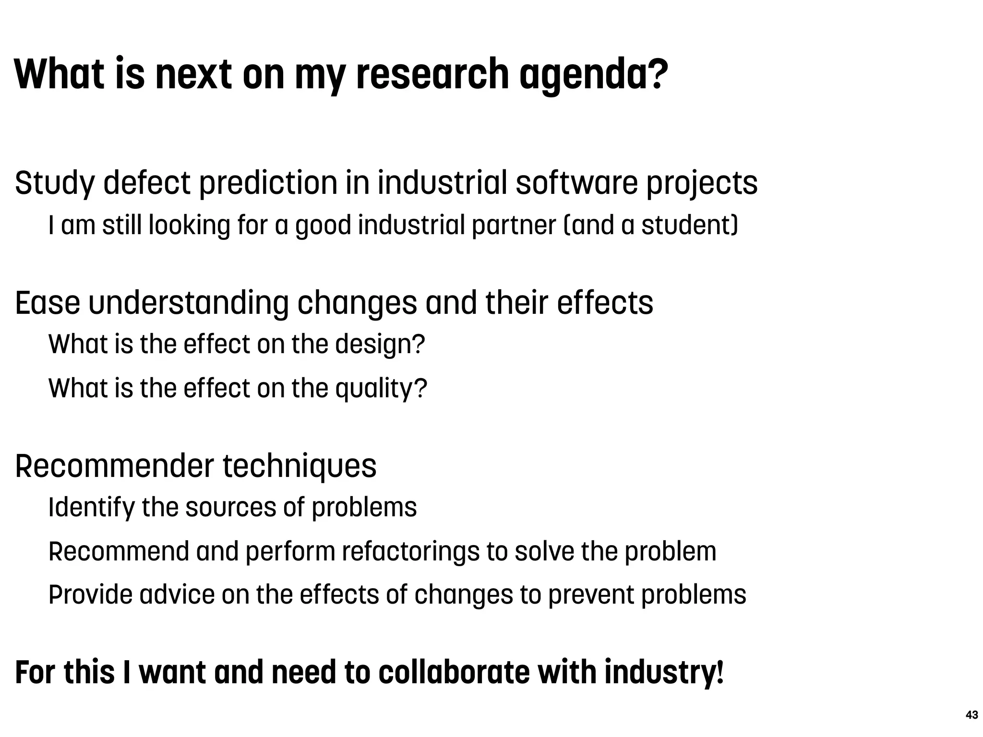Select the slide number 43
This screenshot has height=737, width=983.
pos(971,715)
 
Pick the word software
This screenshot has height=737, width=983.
pos(577,183)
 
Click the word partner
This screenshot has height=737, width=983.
pos(514,225)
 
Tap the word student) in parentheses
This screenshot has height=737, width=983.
pos(690,225)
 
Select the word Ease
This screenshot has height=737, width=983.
pos(48,303)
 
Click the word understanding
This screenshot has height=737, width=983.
pos(189,303)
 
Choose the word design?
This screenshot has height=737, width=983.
pos(380,345)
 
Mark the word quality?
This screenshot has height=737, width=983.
pos(381,388)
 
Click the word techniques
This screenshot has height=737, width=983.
pos(300,466)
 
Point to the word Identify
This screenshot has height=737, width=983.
pos(92,508)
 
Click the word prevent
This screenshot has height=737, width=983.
pos(590,594)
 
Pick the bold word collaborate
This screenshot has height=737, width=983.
pos(454,672)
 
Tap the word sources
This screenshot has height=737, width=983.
pos(230,508)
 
